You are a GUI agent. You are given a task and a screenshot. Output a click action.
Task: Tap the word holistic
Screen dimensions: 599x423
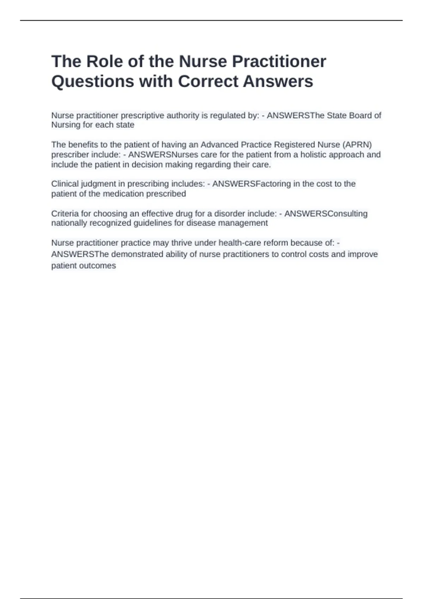[313, 155]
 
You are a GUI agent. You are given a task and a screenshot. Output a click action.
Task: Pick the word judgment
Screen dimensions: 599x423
[98, 184]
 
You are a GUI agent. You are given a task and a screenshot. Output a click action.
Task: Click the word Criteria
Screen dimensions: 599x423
[65, 214]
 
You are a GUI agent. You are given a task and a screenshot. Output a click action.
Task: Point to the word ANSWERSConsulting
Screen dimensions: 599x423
[326, 214]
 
